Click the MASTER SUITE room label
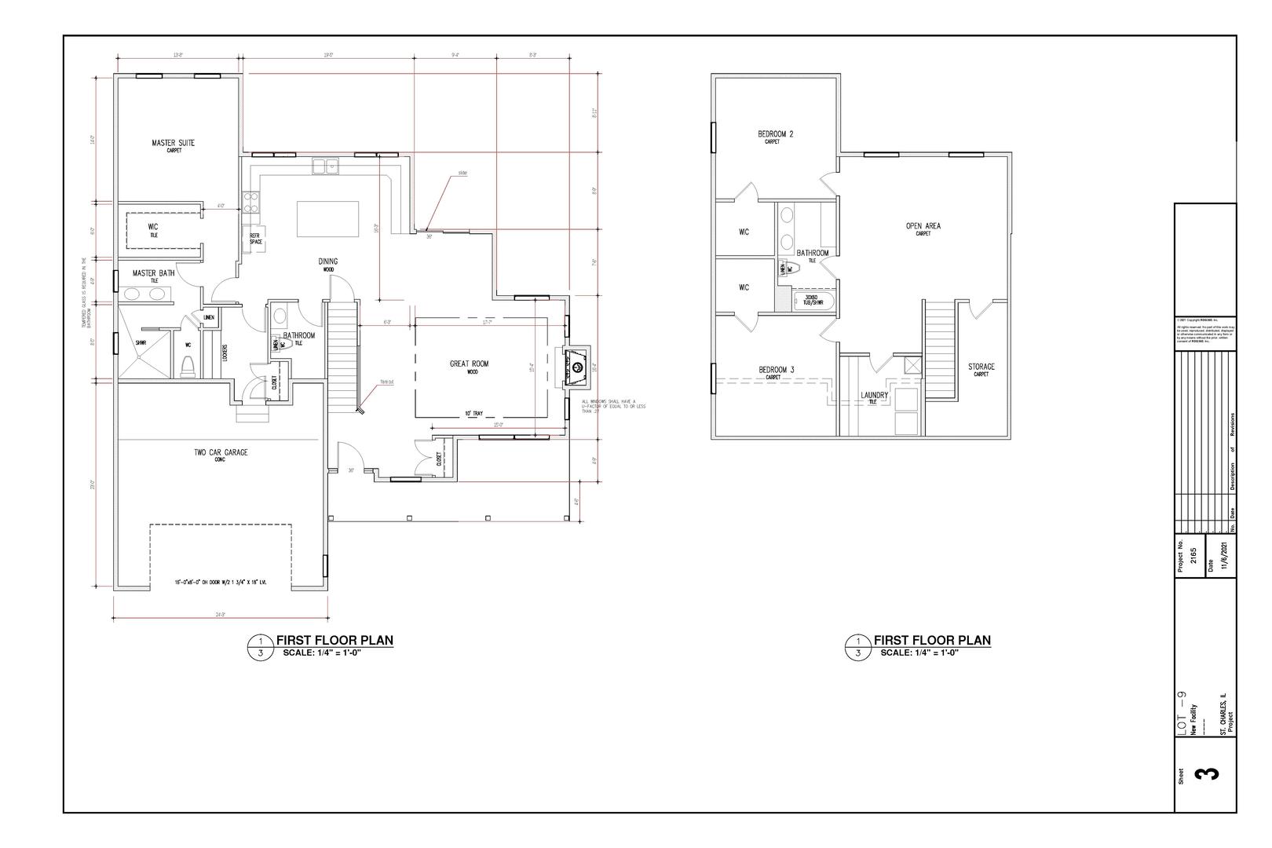click(x=173, y=143)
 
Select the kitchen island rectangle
click(x=327, y=218)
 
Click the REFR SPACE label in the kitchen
click(x=256, y=239)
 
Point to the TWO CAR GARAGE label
click(x=221, y=452)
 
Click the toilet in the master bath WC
click(x=187, y=365)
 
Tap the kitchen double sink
click(x=324, y=166)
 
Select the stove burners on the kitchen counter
click(x=251, y=203)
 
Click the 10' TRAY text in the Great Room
click(x=473, y=413)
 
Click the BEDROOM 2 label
click(x=775, y=134)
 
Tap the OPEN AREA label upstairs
click(x=923, y=226)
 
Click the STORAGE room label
click(x=981, y=367)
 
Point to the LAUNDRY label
click(x=874, y=396)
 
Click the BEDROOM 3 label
click(x=776, y=370)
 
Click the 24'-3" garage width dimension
click(x=220, y=615)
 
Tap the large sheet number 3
click(x=1206, y=773)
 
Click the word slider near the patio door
click(x=462, y=174)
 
